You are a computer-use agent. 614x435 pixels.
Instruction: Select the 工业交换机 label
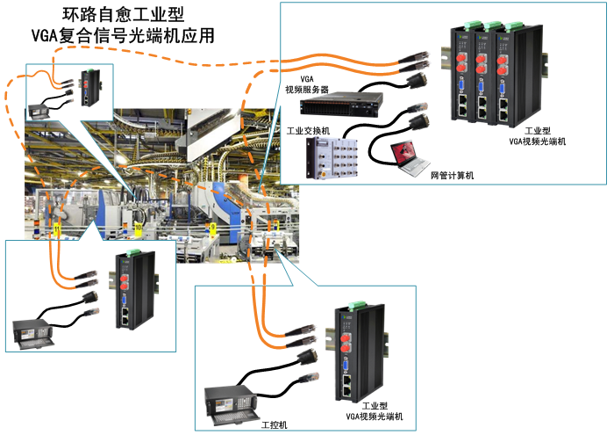pyautogui.click(x=308, y=131)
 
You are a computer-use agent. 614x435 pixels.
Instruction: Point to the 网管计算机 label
pyautogui.click(x=451, y=177)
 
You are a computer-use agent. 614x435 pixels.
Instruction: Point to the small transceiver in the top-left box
pyautogui.click(x=90, y=89)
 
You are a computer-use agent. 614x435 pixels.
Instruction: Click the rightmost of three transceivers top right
pyautogui.click(x=507, y=75)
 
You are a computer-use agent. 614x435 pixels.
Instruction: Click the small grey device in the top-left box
pyautogui.click(x=41, y=110)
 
